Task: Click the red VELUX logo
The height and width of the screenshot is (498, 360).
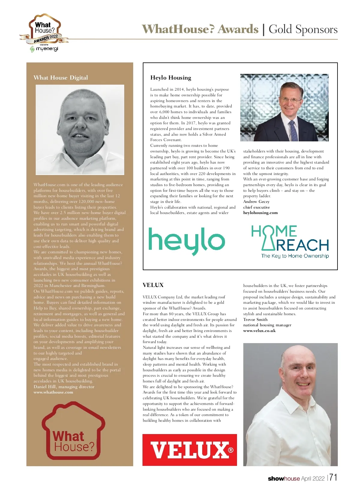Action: tap(190, 450)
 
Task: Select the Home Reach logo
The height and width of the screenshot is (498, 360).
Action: tap(290, 242)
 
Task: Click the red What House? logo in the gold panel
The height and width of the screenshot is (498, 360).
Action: tap(73, 433)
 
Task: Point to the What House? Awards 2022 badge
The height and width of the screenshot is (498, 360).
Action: tap(44, 30)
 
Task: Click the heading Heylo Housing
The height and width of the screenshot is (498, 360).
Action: tap(171, 77)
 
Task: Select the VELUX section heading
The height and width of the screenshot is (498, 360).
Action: tap(153, 285)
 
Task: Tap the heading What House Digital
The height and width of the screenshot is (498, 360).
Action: tap(61, 77)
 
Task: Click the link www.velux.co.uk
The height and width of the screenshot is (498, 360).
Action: tap(259, 330)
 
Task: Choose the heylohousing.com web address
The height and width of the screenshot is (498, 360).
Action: tap(260, 213)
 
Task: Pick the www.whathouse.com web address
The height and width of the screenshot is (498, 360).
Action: tap(53, 392)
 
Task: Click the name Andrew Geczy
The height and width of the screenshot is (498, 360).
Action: tap(256, 201)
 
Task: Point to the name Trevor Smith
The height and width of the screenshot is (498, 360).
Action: tap(255, 319)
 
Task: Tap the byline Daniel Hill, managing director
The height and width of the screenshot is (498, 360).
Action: tap(64, 387)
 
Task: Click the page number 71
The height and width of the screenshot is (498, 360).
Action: tap(333, 478)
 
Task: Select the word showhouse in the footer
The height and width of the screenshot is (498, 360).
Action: tap(283, 478)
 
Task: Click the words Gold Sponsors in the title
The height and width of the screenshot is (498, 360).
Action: tap(303, 29)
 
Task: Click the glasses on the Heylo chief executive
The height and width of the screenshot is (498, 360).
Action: tap(290, 99)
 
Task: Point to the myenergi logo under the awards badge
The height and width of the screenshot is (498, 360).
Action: tap(44, 49)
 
